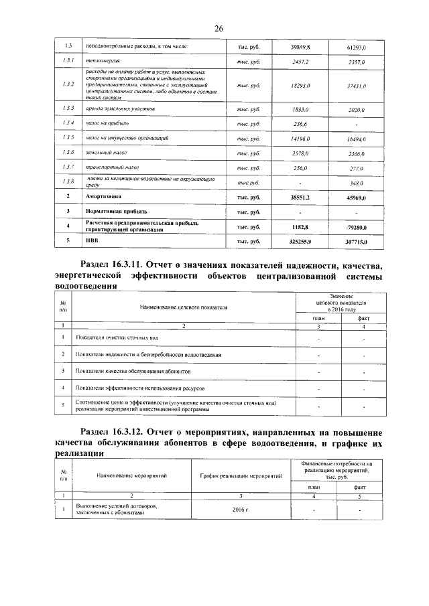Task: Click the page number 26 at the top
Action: point(219,28)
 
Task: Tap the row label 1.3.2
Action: point(67,85)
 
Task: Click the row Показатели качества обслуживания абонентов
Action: point(133,370)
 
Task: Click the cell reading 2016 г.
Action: point(241,510)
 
